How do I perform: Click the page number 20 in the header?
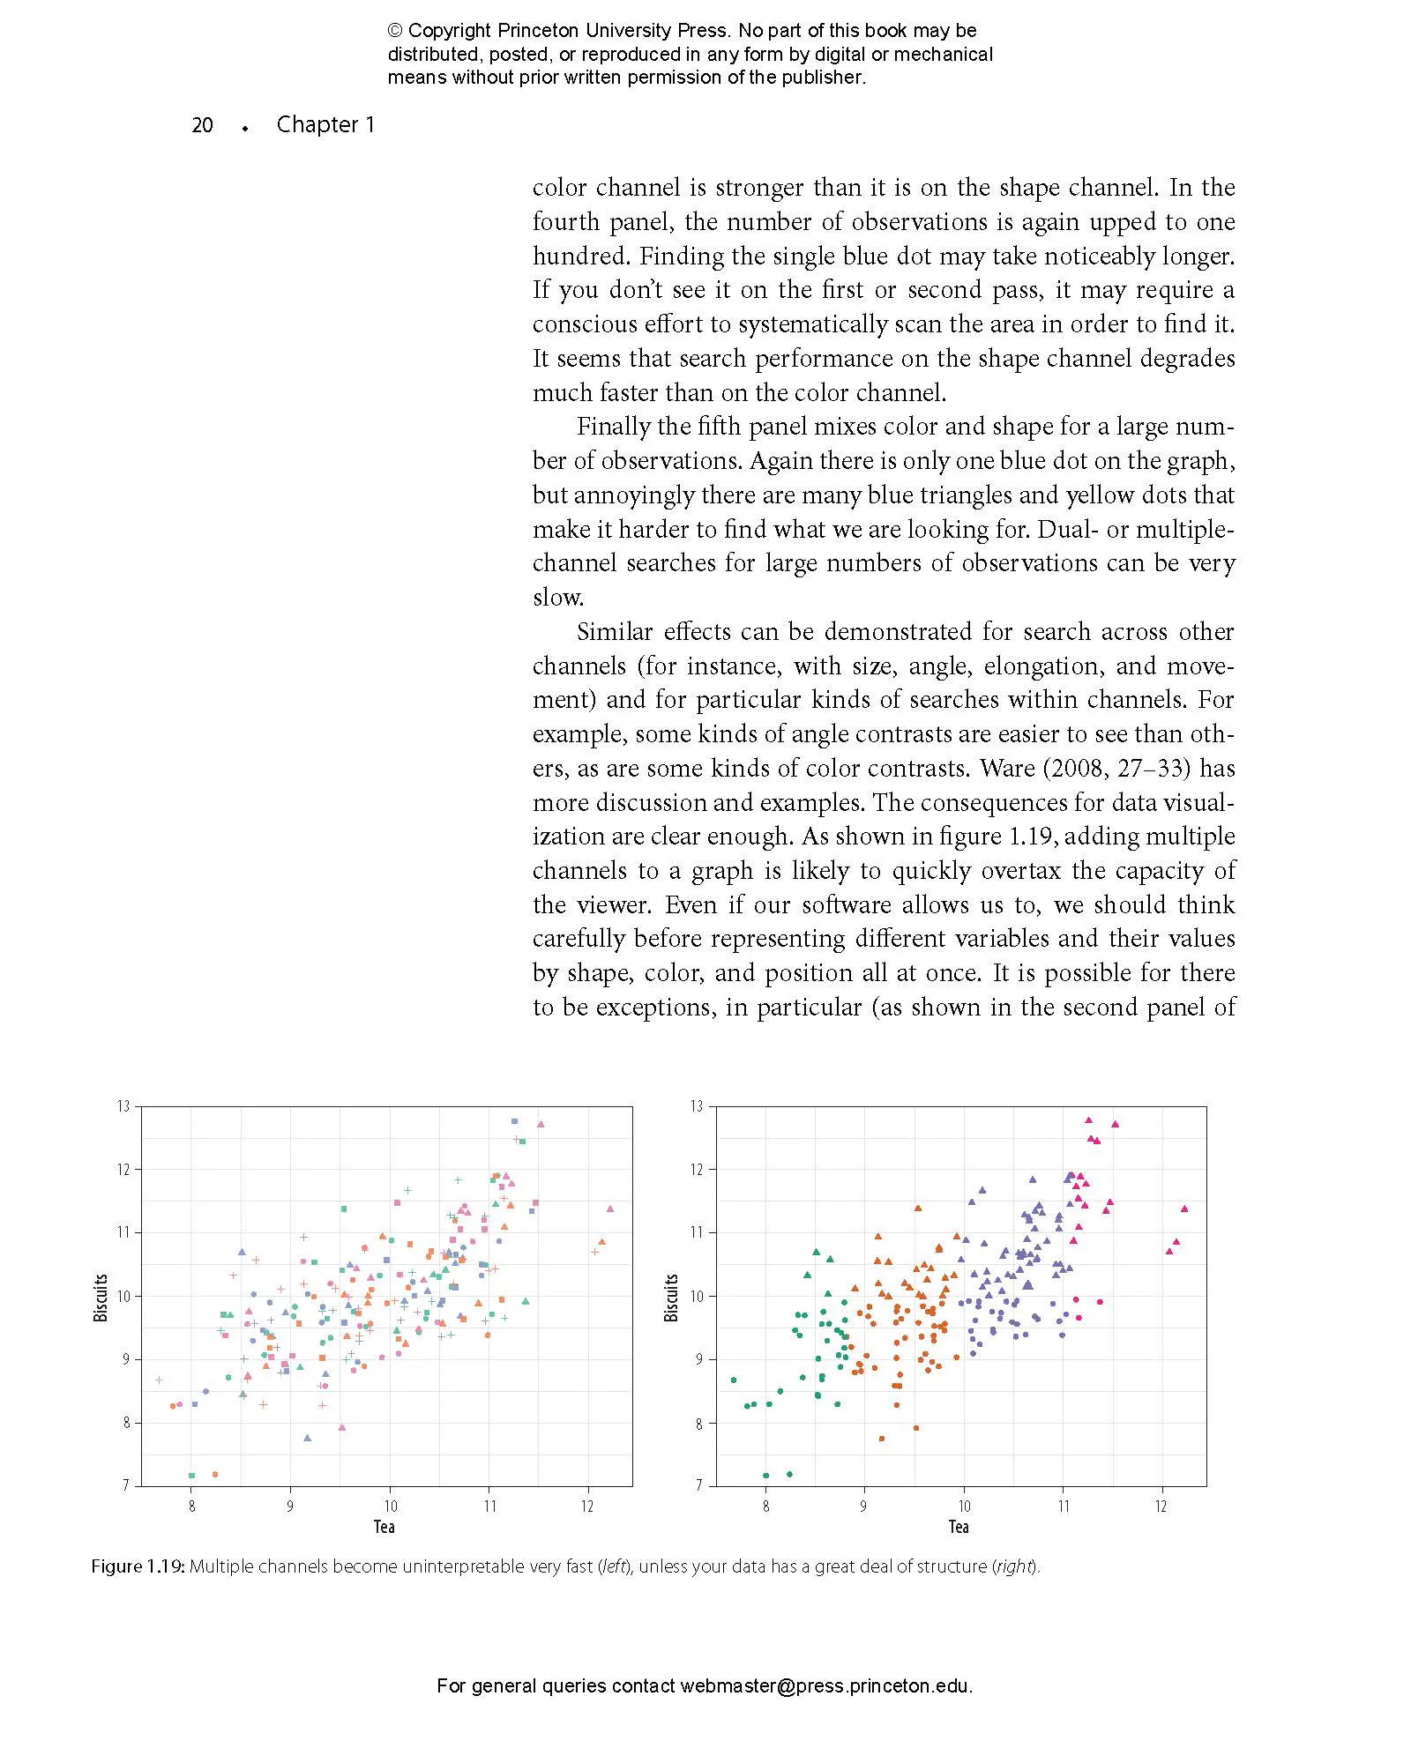point(202,125)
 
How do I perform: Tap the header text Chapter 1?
point(325,124)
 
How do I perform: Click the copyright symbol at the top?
point(394,31)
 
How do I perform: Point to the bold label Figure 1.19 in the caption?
point(138,1566)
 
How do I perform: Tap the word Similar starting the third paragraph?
point(614,632)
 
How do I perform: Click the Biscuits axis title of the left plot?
point(101,1297)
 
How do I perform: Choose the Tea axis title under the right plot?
point(959,1527)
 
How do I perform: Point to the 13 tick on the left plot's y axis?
point(123,1106)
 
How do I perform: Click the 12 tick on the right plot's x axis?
point(1161,1506)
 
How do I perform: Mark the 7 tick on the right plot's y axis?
point(699,1485)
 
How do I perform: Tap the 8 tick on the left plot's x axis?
point(192,1506)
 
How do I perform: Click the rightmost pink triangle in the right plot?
point(1184,1209)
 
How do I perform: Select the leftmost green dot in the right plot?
point(734,1380)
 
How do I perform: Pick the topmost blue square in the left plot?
point(514,1121)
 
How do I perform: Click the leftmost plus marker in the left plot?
point(159,1380)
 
